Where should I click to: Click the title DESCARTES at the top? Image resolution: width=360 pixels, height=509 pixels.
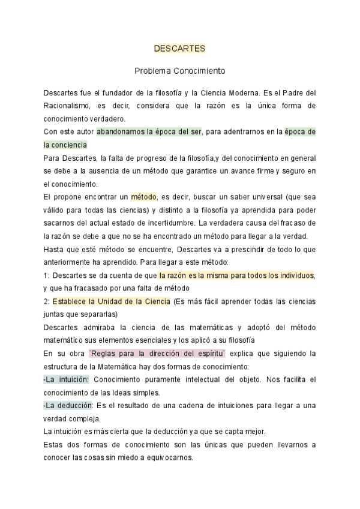click(179, 48)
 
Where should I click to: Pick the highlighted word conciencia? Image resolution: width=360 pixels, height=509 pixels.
click(71, 145)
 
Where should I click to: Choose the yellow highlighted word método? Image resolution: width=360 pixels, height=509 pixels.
click(143, 196)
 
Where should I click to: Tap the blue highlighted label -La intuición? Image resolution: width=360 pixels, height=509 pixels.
click(66, 380)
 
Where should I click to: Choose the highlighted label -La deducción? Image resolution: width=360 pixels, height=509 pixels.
click(68, 406)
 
